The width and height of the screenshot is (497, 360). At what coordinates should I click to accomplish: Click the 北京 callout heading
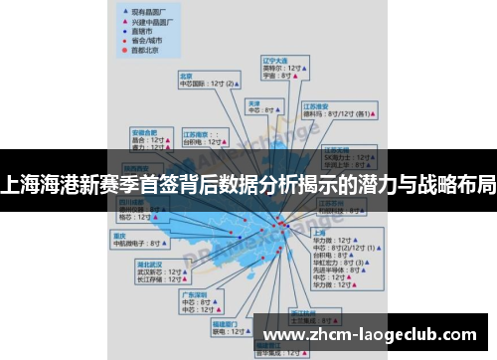(186, 76)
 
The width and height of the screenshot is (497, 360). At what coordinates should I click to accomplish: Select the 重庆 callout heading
(121, 236)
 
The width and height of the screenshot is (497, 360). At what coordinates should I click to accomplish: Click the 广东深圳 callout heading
(194, 294)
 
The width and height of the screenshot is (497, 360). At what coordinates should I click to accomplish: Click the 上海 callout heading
(318, 232)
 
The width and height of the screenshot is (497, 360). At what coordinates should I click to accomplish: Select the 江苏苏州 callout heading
(331, 201)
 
